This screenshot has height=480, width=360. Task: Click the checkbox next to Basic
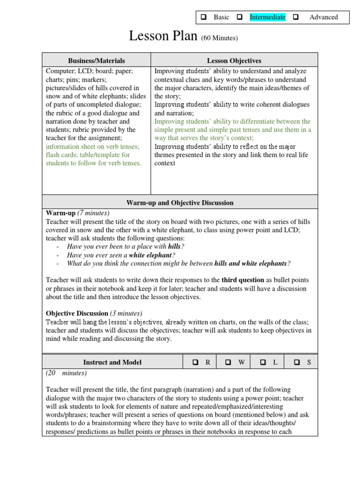coord(204,17)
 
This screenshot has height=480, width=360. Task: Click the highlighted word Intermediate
coord(267,17)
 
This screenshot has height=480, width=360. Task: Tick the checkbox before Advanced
coord(296,17)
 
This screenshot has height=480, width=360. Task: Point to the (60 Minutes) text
coord(219,38)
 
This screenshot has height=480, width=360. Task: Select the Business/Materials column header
coord(97,60)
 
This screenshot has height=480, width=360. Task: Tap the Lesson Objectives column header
coord(234,60)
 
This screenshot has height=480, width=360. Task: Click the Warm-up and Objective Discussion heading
coord(180,202)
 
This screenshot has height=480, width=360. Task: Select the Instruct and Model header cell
coord(112,362)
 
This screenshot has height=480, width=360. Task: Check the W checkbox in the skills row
coord(228,362)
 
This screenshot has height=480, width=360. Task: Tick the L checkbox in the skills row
coord(263,362)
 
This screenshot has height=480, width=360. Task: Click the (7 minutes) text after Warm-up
coord(93,213)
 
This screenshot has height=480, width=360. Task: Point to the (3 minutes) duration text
coord(126,313)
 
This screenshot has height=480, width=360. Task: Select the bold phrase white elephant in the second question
coord(150,255)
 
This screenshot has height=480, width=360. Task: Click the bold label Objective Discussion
coord(77,313)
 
